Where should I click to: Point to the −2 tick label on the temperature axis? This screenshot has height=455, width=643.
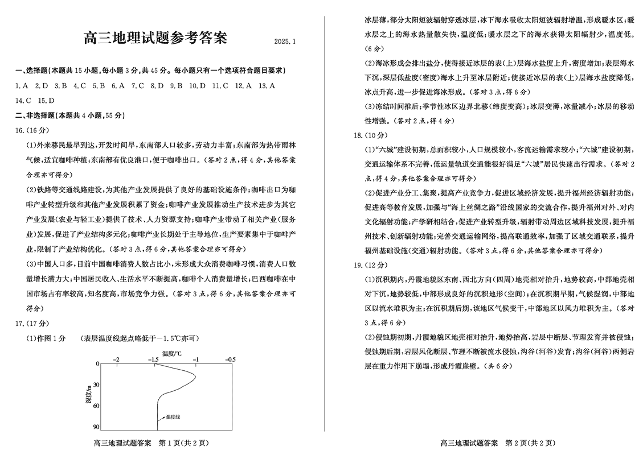(117, 359)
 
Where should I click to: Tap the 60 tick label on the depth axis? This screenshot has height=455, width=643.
(96, 406)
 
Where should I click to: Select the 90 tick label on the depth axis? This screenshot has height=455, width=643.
(96, 427)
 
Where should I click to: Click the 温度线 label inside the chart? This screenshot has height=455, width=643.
(173, 417)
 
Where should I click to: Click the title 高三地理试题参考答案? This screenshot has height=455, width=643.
(155, 38)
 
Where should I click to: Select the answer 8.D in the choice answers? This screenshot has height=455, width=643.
(157, 86)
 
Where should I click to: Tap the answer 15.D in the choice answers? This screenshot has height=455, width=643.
(46, 101)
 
